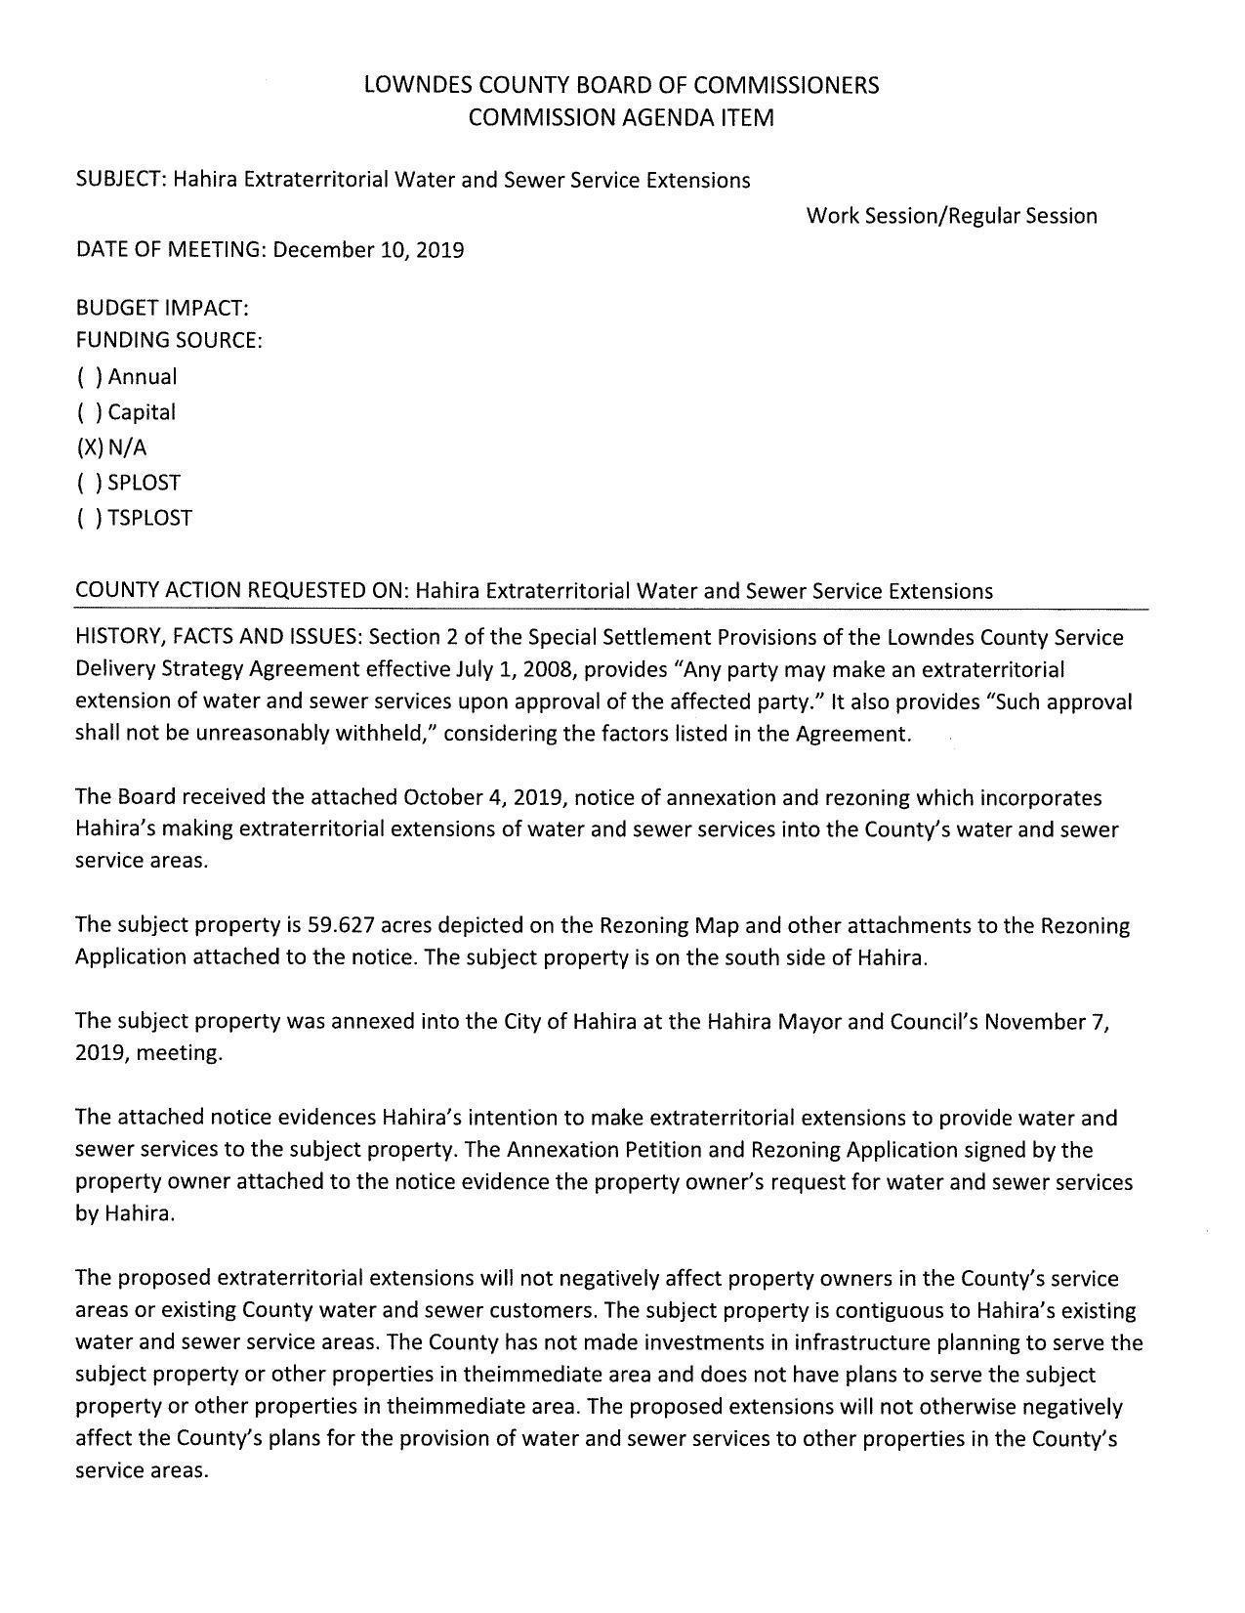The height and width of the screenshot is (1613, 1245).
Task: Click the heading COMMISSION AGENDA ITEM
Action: [x=621, y=118]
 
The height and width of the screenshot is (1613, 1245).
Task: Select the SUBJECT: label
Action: [x=121, y=180]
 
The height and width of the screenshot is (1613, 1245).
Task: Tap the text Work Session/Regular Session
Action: [x=951, y=216]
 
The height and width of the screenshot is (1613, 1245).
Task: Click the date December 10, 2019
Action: [x=368, y=250]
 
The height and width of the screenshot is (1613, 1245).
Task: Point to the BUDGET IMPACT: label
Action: [x=162, y=309]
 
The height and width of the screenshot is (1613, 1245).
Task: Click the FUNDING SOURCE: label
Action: [x=169, y=341]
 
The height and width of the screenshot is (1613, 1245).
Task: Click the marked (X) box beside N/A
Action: [x=88, y=447]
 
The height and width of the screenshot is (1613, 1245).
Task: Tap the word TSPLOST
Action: [x=150, y=518]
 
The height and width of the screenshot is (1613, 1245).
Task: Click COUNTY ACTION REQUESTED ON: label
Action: [x=242, y=591]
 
